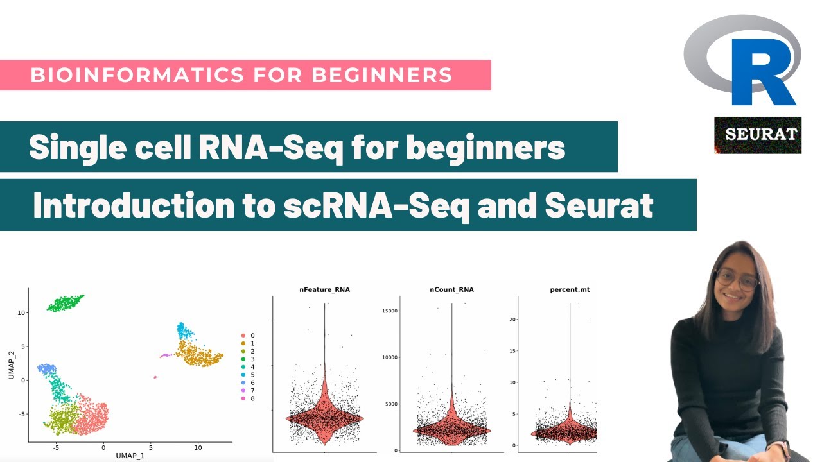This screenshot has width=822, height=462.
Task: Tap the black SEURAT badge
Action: pyautogui.click(x=758, y=135)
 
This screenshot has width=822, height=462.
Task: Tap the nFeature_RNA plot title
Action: pyautogui.click(x=324, y=289)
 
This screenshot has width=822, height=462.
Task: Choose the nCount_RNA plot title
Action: pyautogui.click(x=451, y=289)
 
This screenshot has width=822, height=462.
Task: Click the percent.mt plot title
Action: pyautogui.click(x=570, y=289)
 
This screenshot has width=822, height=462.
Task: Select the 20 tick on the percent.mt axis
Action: pyautogui.click(x=513, y=320)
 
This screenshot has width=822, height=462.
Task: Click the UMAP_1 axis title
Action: pyautogui.click(x=130, y=455)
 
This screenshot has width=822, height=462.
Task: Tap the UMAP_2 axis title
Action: pyautogui.click(x=12, y=364)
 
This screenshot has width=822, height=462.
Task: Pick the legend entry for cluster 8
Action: pyautogui.click(x=252, y=398)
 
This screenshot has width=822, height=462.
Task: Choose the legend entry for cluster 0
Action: pyautogui.click(x=252, y=336)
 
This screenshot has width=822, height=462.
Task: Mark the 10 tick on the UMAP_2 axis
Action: pyautogui.click(x=21, y=312)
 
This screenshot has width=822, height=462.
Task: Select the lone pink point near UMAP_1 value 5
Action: pyautogui.click(x=155, y=377)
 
